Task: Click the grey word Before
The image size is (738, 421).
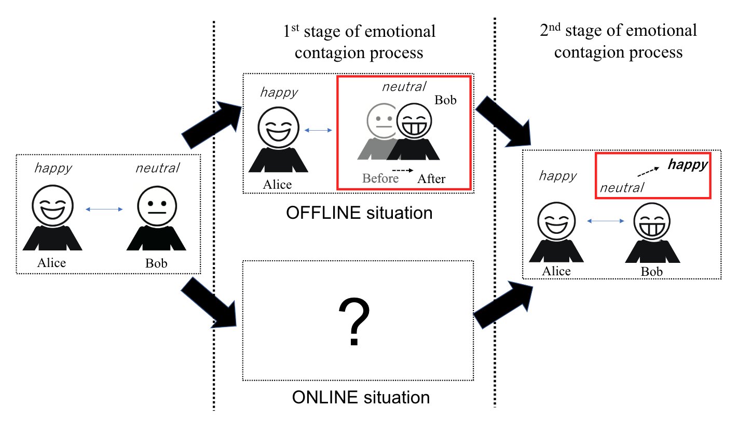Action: (380, 179)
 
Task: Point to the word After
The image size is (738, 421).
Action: (431, 179)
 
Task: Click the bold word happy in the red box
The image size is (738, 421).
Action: (687, 165)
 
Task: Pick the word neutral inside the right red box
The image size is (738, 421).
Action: (621, 187)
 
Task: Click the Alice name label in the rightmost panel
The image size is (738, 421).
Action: (556, 271)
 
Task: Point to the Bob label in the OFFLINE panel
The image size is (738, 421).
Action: (445, 100)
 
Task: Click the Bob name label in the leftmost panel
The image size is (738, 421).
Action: (156, 263)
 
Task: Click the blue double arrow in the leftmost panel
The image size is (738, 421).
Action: (104, 209)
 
